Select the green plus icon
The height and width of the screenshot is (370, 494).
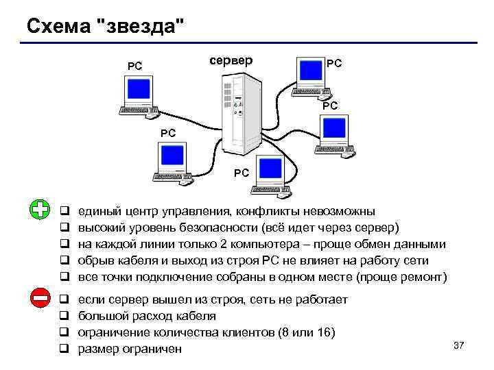[41, 210]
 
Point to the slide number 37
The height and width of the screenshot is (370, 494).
[459, 345]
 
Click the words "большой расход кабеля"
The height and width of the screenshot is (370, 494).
[147, 316]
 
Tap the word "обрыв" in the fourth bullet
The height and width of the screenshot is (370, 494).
[97, 261]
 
